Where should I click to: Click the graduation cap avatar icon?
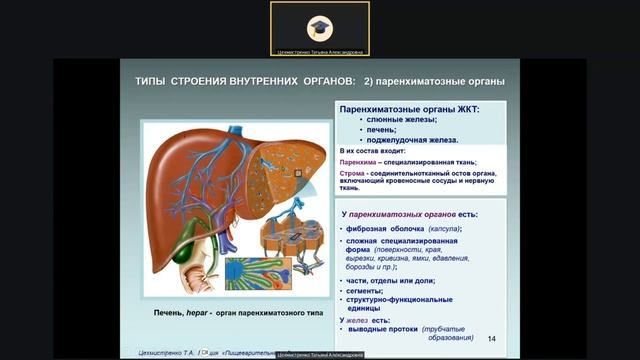pos(319,27)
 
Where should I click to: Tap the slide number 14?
pos(491,338)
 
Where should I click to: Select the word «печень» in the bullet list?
pos(382,129)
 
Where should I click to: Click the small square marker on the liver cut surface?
pos(297,172)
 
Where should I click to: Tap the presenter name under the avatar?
pos(320,51)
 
